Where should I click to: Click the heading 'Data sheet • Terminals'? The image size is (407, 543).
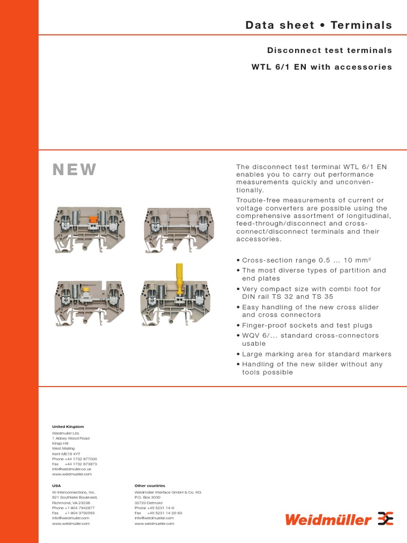coord(318,25)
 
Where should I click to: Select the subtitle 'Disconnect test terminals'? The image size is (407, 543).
coord(329,50)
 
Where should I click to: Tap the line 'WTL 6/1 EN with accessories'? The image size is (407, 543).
coord(321,67)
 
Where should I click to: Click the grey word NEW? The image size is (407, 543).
coord(75,170)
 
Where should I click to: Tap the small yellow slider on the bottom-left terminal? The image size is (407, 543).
coord(86,290)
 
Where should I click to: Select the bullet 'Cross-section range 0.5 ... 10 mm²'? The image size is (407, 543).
coord(306,260)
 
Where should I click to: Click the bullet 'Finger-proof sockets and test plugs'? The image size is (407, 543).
coord(307,325)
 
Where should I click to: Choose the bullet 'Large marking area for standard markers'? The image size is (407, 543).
coord(316,354)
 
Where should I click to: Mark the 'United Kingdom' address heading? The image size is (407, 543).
coord(68,426)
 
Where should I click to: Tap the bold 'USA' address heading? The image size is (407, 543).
coord(56,486)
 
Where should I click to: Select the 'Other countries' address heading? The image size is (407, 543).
coord(150,486)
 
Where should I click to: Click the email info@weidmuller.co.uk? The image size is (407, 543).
coord(72,469)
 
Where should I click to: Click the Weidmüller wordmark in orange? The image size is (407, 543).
coord(328,520)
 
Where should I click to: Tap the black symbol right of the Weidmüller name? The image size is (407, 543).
coord(385,519)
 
